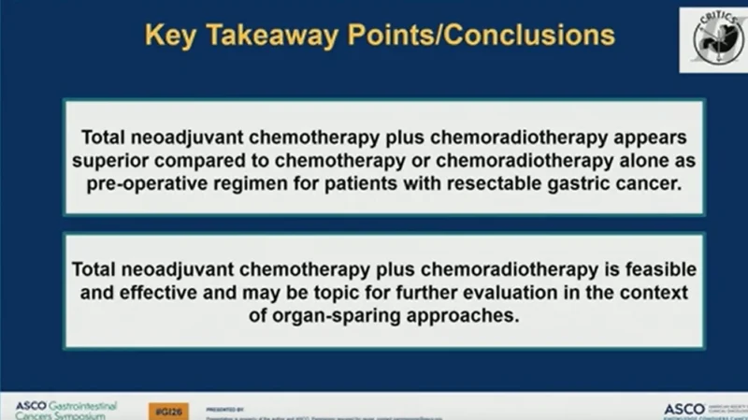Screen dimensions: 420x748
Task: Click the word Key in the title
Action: coord(171,36)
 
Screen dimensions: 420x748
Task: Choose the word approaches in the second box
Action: coord(455,315)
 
